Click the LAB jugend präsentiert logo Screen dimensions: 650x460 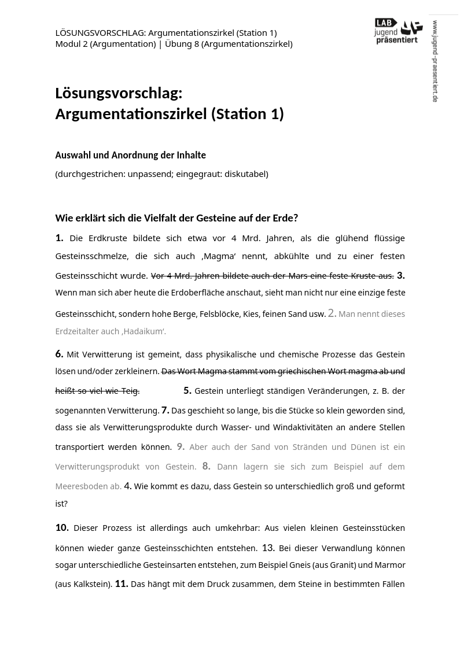(398, 31)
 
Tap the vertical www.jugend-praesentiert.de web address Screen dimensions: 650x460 (435, 61)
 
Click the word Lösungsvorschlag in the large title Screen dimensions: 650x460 (119, 93)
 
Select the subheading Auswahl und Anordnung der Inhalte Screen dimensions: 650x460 (130, 155)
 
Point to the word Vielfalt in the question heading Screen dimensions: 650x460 (149, 218)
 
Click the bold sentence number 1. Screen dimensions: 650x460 (59, 238)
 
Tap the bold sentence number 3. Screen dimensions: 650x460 (400, 275)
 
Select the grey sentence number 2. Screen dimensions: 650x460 (332, 313)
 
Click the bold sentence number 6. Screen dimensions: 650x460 (59, 354)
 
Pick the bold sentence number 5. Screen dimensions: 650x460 (187, 390)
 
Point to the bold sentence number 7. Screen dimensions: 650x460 (165, 410)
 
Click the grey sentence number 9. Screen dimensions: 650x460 (181, 446)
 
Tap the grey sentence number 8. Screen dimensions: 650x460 (206, 466)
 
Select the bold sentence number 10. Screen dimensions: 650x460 (62, 527)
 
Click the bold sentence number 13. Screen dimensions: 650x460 (268, 548)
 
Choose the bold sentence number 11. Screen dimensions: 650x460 (122, 584)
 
